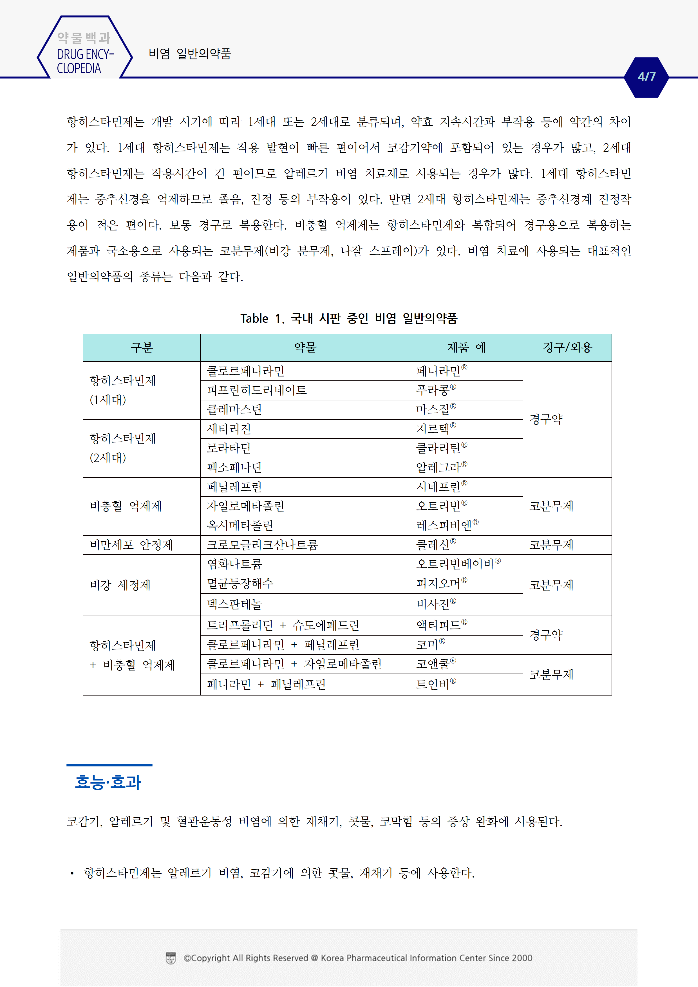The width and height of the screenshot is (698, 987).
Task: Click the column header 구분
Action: click(x=142, y=347)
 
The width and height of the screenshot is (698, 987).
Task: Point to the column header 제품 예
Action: click(x=466, y=347)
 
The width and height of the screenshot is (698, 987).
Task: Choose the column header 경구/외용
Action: click(x=567, y=347)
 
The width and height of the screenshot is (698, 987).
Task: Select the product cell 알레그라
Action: click(x=441, y=467)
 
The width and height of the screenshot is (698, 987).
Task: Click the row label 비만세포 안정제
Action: click(x=131, y=545)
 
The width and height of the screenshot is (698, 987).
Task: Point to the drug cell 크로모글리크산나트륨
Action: click(x=262, y=545)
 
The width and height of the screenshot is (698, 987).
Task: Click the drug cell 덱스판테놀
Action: click(x=234, y=604)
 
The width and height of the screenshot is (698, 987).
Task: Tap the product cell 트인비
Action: click(x=435, y=684)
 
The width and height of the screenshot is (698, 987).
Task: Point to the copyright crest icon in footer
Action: click(x=171, y=958)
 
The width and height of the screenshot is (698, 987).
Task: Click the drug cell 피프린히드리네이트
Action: click(x=257, y=390)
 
